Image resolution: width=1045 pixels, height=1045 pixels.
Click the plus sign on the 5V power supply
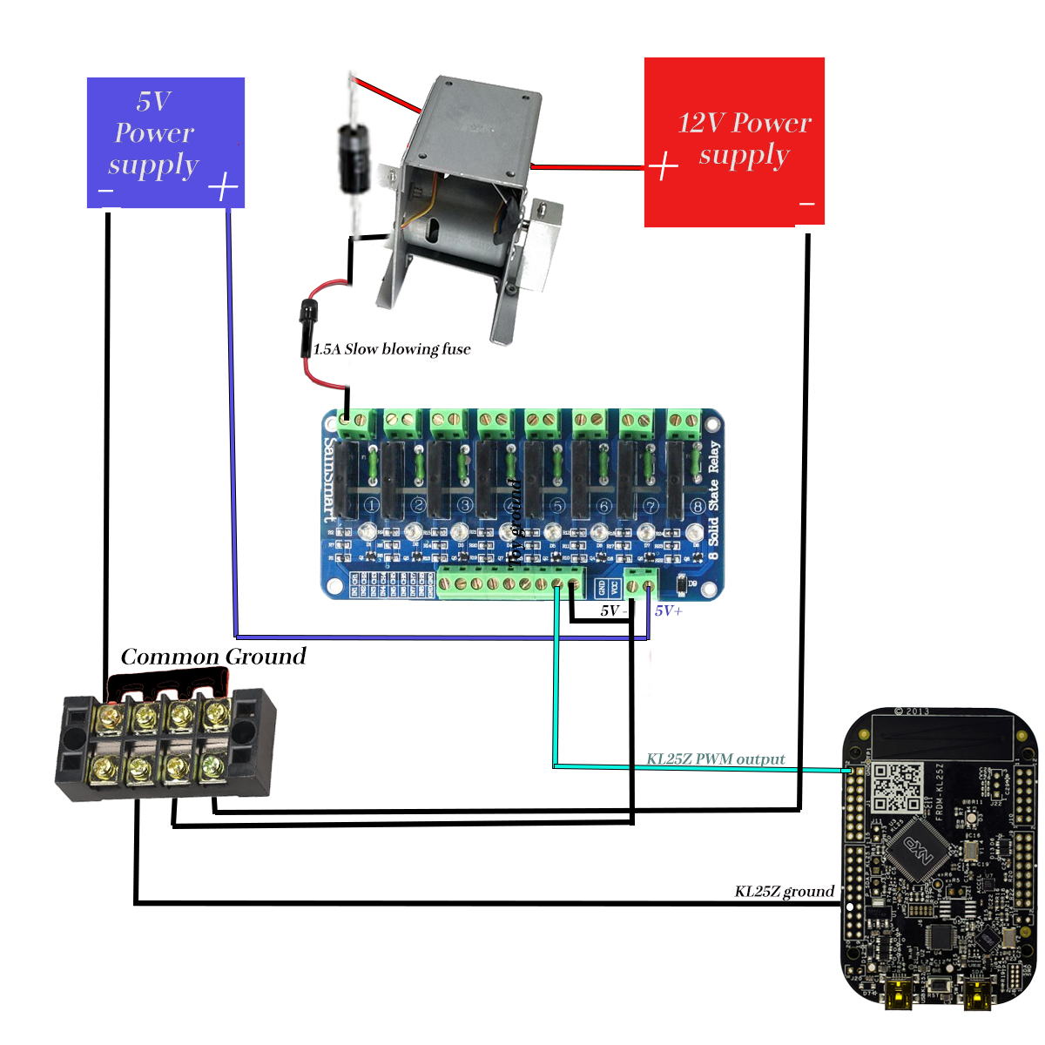click(x=224, y=186)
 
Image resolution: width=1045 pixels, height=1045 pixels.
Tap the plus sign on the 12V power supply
click(x=664, y=165)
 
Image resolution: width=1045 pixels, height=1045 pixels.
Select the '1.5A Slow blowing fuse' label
click(x=392, y=349)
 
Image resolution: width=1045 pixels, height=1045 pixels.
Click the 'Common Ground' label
click(x=213, y=657)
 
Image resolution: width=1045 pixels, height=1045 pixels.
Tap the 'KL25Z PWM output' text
click(x=715, y=758)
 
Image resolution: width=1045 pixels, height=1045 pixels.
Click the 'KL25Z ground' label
click(x=784, y=891)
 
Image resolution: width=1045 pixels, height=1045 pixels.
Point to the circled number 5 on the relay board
click(x=557, y=505)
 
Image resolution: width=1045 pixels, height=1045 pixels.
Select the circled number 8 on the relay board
click(x=697, y=506)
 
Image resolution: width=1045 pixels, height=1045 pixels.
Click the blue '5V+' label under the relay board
click(x=669, y=610)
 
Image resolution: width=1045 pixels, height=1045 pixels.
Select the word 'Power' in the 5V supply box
click(x=154, y=133)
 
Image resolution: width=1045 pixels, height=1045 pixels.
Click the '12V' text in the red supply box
click(x=701, y=123)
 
